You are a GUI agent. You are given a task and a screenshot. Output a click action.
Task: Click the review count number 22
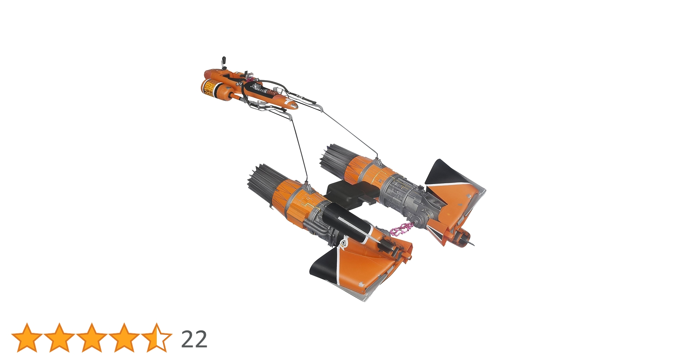point(194,339)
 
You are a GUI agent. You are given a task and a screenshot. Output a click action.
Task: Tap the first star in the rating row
point(27,338)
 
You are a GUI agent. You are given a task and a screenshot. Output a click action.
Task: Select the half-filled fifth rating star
point(156,338)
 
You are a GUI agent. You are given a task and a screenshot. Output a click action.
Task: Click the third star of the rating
point(91,338)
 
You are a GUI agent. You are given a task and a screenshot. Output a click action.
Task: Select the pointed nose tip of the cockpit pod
point(295,106)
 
